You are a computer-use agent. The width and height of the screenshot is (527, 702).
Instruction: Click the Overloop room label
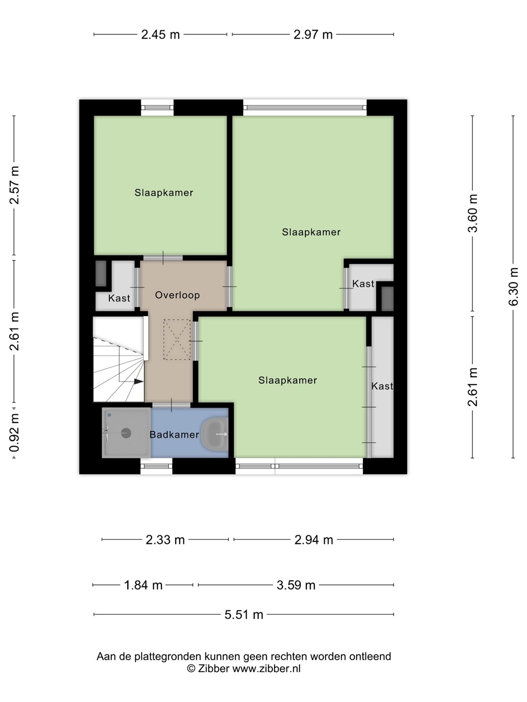point(177,295)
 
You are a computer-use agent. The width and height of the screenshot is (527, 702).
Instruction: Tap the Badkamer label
point(174,434)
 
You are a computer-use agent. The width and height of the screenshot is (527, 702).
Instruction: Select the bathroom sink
point(215,434)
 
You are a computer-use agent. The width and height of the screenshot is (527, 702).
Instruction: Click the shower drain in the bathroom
point(126,433)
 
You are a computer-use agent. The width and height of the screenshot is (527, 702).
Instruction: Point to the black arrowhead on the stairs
point(139,381)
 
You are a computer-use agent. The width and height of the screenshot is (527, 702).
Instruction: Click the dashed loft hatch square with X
point(177,339)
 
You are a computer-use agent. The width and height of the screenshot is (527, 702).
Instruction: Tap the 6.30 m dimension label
point(513,287)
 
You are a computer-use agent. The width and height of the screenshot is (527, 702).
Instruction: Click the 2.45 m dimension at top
point(161,34)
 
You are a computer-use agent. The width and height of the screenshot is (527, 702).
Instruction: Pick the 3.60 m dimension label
point(473,213)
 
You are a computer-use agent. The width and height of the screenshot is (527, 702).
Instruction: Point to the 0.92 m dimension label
point(15,432)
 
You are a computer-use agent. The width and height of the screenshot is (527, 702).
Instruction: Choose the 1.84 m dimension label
point(143,585)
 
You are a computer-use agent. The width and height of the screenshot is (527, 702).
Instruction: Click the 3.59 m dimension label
point(296,585)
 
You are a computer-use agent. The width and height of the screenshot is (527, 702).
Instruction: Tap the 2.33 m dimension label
point(165,540)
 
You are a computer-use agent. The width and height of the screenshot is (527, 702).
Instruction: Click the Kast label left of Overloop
point(119,298)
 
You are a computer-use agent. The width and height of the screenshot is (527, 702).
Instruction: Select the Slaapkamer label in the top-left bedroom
point(164,193)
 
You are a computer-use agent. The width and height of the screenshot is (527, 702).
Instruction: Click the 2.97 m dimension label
point(313,34)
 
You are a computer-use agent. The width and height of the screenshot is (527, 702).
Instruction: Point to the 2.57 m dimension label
point(15,185)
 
